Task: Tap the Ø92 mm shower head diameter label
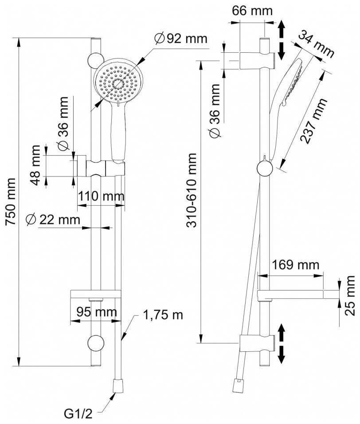(180, 39)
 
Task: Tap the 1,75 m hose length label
(163, 315)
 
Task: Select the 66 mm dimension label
(253, 11)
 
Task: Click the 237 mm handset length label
(313, 120)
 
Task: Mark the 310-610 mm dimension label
(192, 190)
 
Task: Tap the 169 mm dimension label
(295, 265)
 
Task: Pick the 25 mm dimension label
(350, 294)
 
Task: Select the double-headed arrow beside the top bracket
(281, 42)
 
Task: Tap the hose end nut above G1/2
(118, 385)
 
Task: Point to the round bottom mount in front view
(96, 343)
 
